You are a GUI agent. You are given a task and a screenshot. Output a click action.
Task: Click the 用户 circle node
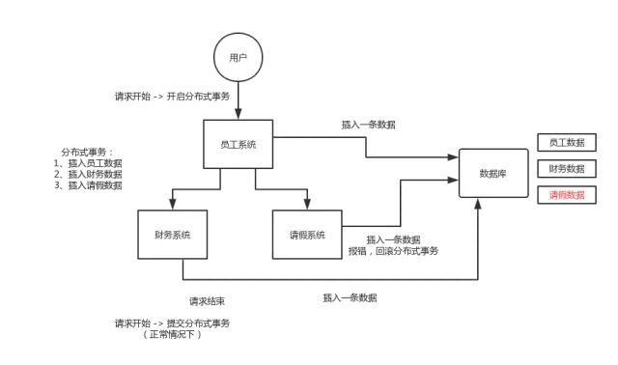coord(239,58)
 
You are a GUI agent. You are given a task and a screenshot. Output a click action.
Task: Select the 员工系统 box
coord(239,144)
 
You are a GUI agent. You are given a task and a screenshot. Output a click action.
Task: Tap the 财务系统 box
coord(173,235)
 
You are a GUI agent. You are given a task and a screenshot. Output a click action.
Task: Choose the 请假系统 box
coord(307,235)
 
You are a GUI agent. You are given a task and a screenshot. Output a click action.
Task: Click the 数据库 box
coord(493,173)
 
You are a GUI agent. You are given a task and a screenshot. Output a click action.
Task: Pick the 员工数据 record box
coord(567,142)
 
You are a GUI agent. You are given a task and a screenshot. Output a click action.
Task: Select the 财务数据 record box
coord(567,169)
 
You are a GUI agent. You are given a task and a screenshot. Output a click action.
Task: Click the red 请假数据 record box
coord(567,195)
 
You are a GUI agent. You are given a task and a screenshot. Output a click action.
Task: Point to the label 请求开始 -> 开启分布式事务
coord(172,97)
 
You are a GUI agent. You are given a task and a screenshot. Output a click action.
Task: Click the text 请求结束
coord(208,301)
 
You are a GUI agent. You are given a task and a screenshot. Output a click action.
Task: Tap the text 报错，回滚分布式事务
coord(393,251)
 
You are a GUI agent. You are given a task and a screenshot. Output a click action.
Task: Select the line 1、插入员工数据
coord(88,163)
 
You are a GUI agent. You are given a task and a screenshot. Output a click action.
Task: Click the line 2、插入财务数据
coord(88,174)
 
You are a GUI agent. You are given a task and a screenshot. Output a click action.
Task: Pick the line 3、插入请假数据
coord(88,185)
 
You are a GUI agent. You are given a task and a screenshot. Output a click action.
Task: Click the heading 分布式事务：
coord(88,153)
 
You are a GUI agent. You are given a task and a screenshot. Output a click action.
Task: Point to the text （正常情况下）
coord(172,335)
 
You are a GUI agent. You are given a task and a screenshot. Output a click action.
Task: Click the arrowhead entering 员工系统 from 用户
coord(239,114)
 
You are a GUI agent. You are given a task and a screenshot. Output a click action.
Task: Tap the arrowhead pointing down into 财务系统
coord(173,204)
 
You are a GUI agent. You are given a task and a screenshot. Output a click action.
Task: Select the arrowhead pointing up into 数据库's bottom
coord(478,204)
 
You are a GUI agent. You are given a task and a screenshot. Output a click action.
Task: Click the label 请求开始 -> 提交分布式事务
coord(172,323)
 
